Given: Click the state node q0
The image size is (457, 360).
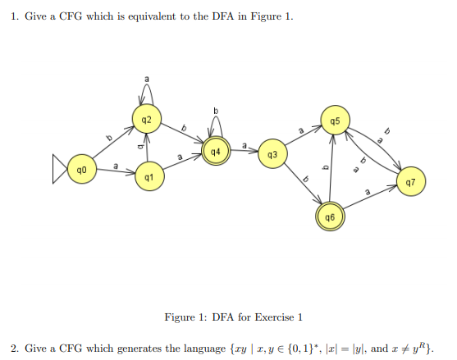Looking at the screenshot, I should (x=80, y=170).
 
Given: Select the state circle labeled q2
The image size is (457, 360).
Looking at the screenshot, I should (x=146, y=120).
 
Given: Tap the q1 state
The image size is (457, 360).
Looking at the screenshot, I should (x=148, y=176).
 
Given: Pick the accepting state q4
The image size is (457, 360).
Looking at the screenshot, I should (x=215, y=152).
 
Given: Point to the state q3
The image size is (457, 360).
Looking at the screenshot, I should (x=273, y=154).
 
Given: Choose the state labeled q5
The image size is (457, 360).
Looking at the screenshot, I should (x=334, y=121).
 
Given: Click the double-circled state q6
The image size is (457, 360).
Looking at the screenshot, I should (x=329, y=217).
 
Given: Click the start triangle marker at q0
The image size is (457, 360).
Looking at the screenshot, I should (x=57, y=170).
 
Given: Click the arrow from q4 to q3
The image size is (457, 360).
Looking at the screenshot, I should (x=244, y=153).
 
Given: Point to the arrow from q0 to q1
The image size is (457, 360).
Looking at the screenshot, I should (x=114, y=173).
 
